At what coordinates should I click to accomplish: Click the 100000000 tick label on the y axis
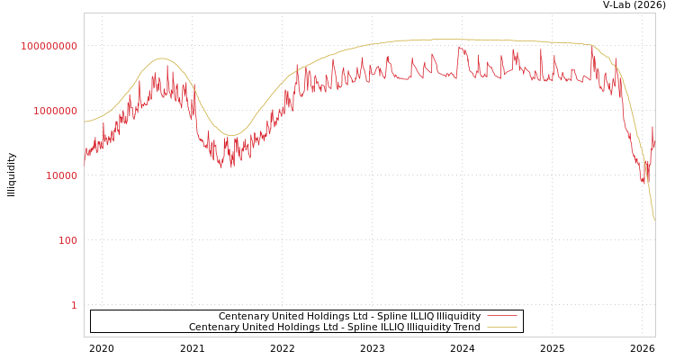point(49,46)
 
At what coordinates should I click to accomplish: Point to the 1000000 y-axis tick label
point(56,111)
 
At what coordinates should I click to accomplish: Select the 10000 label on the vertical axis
point(62,175)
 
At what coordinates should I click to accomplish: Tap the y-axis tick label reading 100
point(68,240)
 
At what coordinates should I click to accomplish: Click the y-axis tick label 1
point(74,305)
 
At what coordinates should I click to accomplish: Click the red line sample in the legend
point(501,316)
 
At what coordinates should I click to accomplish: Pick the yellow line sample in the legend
point(501,327)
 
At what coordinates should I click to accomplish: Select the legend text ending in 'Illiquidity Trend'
point(335,327)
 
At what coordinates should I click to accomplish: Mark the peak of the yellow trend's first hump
point(161,58)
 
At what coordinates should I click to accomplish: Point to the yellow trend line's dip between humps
point(230,135)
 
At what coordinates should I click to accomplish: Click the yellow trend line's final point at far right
point(654,220)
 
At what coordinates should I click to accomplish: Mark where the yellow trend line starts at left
point(85,121)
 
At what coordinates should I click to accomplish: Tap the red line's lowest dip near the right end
point(646,184)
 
